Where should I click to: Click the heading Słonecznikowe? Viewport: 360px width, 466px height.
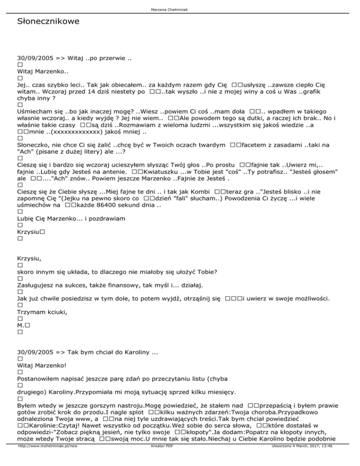point(48,22)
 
